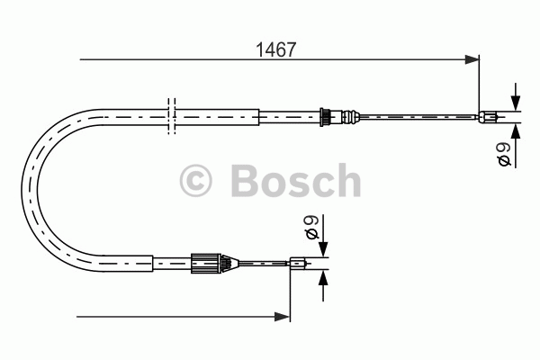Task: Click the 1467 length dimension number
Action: point(276,50)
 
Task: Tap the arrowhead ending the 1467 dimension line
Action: point(472,59)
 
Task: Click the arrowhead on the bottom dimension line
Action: point(283,317)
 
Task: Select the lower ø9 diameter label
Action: point(312,227)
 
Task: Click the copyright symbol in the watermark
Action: point(195,181)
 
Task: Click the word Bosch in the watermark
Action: point(296,180)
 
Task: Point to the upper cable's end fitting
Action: point(488,117)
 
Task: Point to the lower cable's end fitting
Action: point(298,264)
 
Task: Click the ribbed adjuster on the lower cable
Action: point(205,264)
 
